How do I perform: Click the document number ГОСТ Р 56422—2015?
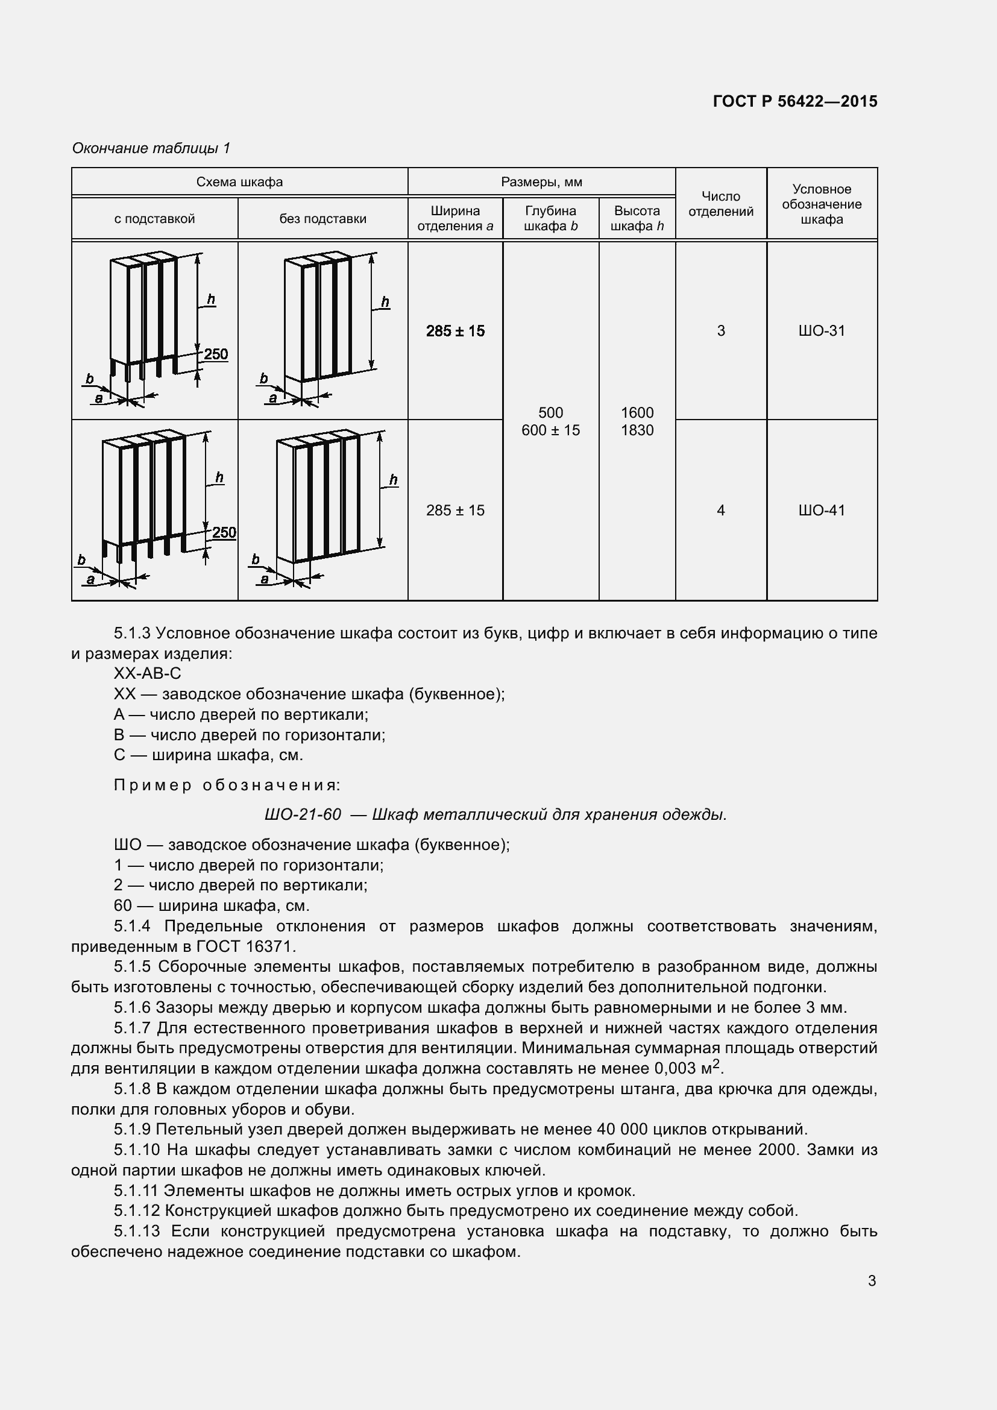795,101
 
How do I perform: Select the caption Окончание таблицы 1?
151,148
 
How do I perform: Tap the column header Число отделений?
721,204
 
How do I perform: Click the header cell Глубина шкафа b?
550,219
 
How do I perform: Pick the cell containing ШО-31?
822,331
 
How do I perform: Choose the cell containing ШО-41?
822,511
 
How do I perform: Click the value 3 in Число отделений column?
721,331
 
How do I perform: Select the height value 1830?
637,430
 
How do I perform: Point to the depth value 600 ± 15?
550,430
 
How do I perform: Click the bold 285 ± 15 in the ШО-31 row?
455,332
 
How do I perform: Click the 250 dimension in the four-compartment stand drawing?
224,532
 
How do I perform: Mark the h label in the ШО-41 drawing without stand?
394,480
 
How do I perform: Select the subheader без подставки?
323,219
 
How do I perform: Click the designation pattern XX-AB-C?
147,674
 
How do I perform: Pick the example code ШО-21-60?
303,815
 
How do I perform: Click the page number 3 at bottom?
872,1281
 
